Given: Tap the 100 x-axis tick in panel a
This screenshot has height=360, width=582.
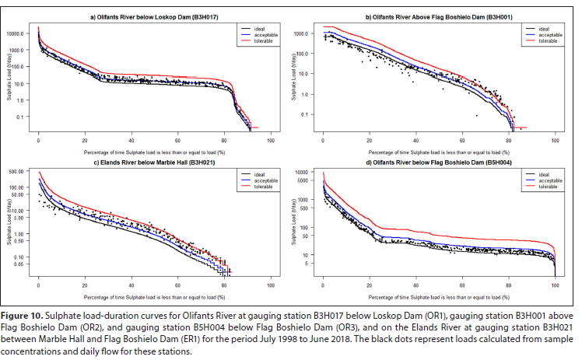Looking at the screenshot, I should tap(270, 140).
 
